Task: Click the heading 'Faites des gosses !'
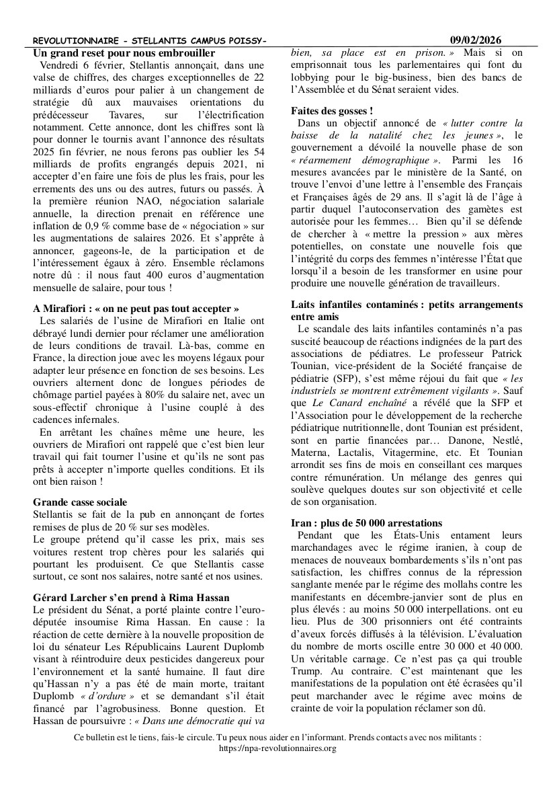(x=332, y=110)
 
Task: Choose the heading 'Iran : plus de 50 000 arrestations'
(x=366, y=522)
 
